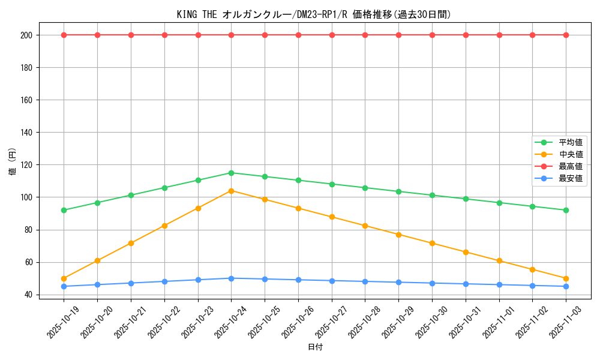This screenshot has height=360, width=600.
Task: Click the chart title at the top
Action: click(x=314, y=14)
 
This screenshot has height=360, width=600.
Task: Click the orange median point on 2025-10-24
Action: click(x=231, y=191)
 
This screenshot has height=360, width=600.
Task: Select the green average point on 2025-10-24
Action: click(x=231, y=173)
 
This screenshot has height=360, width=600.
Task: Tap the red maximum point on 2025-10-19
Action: click(x=64, y=35)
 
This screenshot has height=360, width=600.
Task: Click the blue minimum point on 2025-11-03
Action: click(x=566, y=286)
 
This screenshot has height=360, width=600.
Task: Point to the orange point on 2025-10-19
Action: click(x=64, y=278)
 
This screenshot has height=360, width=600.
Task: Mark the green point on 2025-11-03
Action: click(x=566, y=210)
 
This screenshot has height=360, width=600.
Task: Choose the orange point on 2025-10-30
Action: click(x=432, y=243)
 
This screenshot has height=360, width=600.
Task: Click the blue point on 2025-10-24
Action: click(x=231, y=278)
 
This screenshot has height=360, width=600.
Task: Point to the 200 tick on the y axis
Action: click(x=27, y=35)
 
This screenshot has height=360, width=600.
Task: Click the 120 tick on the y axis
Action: click(x=27, y=165)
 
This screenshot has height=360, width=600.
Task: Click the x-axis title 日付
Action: click(x=315, y=347)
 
